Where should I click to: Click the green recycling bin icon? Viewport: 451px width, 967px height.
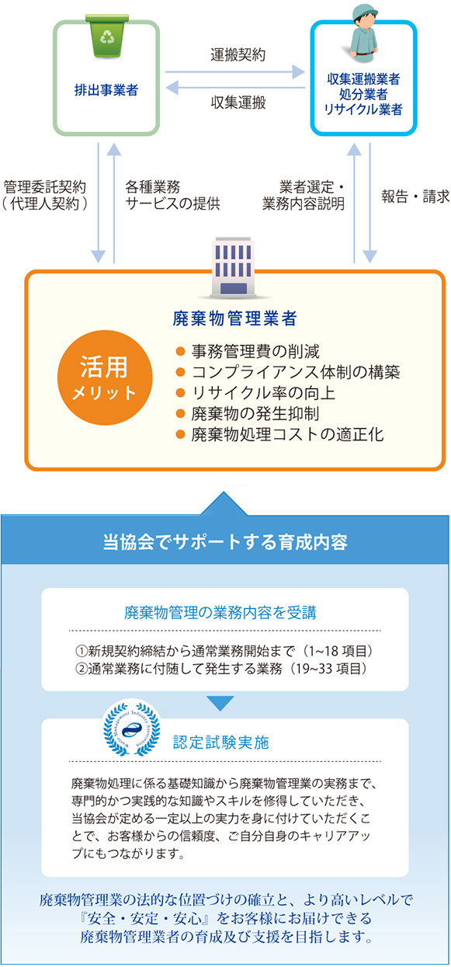[x=106, y=36]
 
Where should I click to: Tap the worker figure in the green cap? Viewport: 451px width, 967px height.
[x=363, y=33]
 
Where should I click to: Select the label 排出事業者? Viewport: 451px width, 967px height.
[x=106, y=90]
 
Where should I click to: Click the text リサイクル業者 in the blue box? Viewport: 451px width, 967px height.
[x=363, y=110]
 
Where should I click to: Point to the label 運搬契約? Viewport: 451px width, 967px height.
[x=238, y=55]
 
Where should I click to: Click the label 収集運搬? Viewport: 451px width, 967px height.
[x=238, y=103]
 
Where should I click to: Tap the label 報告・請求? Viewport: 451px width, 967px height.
[x=415, y=197]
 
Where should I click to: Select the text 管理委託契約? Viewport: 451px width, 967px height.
[x=45, y=187]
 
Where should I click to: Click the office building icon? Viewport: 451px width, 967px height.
[x=234, y=268]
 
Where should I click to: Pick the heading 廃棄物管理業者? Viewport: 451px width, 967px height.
[x=234, y=318]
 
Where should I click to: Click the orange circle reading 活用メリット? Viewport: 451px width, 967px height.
[x=105, y=377]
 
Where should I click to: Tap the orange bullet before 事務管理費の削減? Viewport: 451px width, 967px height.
[x=180, y=351]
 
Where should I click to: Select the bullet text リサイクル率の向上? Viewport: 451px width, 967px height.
[x=263, y=393]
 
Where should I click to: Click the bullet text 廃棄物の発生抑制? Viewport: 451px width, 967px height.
[x=255, y=413]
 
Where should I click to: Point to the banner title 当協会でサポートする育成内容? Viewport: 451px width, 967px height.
[x=225, y=542]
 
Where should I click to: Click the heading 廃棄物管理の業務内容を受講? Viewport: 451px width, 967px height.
[x=220, y=613]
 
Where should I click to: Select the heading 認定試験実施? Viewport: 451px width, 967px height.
[x=221, y=743]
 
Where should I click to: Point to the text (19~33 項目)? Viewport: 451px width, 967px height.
[x=330, y=669]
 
